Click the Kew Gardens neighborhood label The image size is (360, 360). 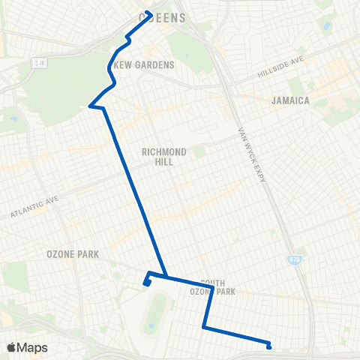tap(143, 65)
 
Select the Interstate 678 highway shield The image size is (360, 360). tap(294, 259)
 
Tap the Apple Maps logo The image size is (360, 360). tap(27, 347)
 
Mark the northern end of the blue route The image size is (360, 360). tap(149, 13)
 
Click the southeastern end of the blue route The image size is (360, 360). tap(269, 346)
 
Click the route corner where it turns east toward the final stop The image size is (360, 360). tap(204, 325)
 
